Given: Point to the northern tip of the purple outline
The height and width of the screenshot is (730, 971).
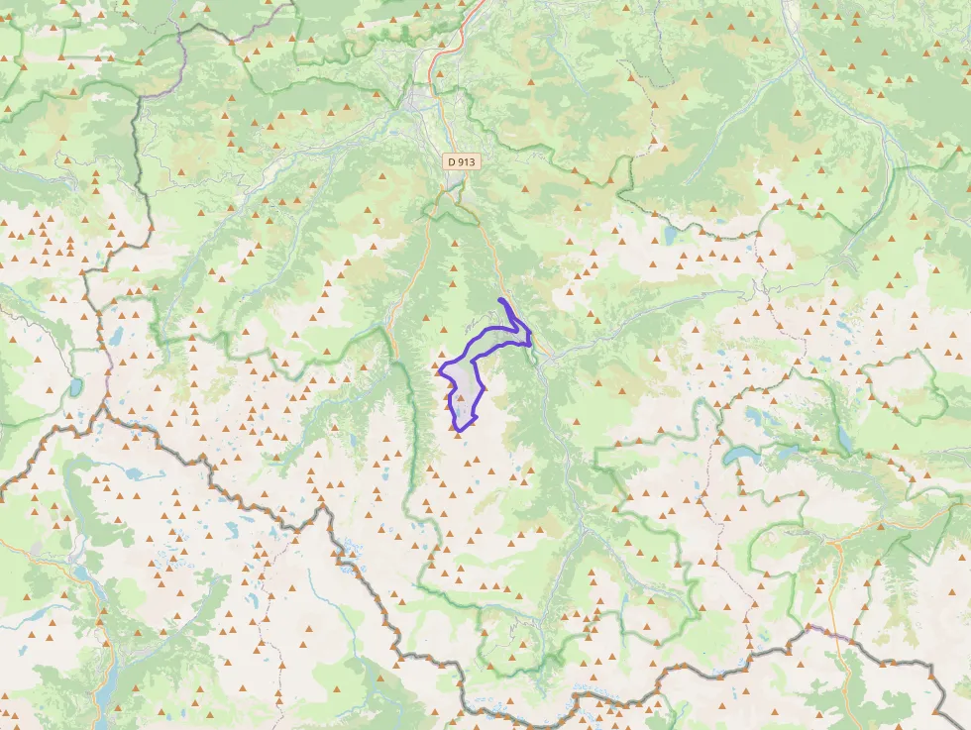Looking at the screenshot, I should [x=501, y=299].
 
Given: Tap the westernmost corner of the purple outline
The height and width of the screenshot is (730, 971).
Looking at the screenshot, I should [x=440, y=372].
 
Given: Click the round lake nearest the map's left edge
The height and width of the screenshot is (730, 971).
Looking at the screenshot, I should [x=76, y=386].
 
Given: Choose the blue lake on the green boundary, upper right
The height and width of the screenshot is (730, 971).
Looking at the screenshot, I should [x=670, y=235].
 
